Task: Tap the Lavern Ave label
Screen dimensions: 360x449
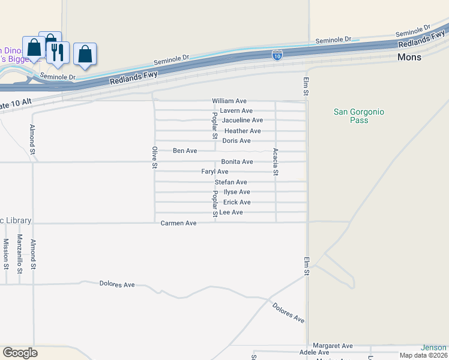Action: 236,111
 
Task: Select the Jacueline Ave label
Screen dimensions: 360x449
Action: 243,121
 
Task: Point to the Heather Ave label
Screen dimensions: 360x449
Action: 243,131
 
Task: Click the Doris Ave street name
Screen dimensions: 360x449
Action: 237,141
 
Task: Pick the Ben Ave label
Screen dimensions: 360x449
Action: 185,151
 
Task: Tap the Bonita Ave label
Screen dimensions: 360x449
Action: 237,162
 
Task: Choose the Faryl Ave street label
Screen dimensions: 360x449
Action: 215,172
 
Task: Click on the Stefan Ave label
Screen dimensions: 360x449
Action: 231,182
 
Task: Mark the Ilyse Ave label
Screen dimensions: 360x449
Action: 237,192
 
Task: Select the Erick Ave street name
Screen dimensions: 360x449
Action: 237,202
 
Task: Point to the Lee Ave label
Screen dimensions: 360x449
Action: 231,212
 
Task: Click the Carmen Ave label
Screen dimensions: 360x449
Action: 178,223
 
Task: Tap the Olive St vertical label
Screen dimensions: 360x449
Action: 154,157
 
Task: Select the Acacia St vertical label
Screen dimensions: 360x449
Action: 276,162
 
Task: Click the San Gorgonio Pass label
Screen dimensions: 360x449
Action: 359,116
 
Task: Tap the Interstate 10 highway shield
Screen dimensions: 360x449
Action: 277,55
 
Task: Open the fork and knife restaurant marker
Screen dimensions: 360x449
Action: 58,52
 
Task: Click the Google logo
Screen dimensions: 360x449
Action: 20,353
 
